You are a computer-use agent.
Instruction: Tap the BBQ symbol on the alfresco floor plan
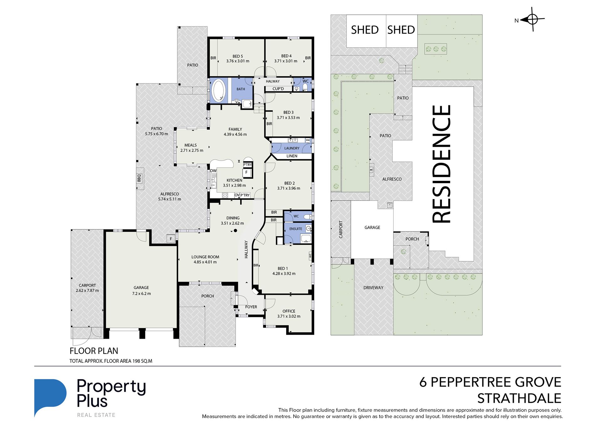139,178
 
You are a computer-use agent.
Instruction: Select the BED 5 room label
238,56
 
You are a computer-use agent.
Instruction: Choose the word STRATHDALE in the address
519,398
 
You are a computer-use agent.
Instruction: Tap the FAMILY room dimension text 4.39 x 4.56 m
235,135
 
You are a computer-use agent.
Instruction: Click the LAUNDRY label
292,148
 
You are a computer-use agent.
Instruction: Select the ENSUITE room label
296,229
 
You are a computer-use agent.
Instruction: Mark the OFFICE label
289,311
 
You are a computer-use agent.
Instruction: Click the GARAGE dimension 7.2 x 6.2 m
142,294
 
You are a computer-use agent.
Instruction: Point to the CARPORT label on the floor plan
87,285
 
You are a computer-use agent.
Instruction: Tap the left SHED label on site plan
365,30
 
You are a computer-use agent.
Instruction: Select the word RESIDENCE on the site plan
442,164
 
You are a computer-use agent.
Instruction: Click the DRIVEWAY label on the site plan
373,288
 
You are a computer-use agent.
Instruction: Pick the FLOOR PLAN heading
94,351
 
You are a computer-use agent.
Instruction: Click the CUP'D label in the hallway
278,89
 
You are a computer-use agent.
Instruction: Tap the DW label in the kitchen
213,171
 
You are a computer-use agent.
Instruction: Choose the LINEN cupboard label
292,156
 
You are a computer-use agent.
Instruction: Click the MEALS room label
190,145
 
